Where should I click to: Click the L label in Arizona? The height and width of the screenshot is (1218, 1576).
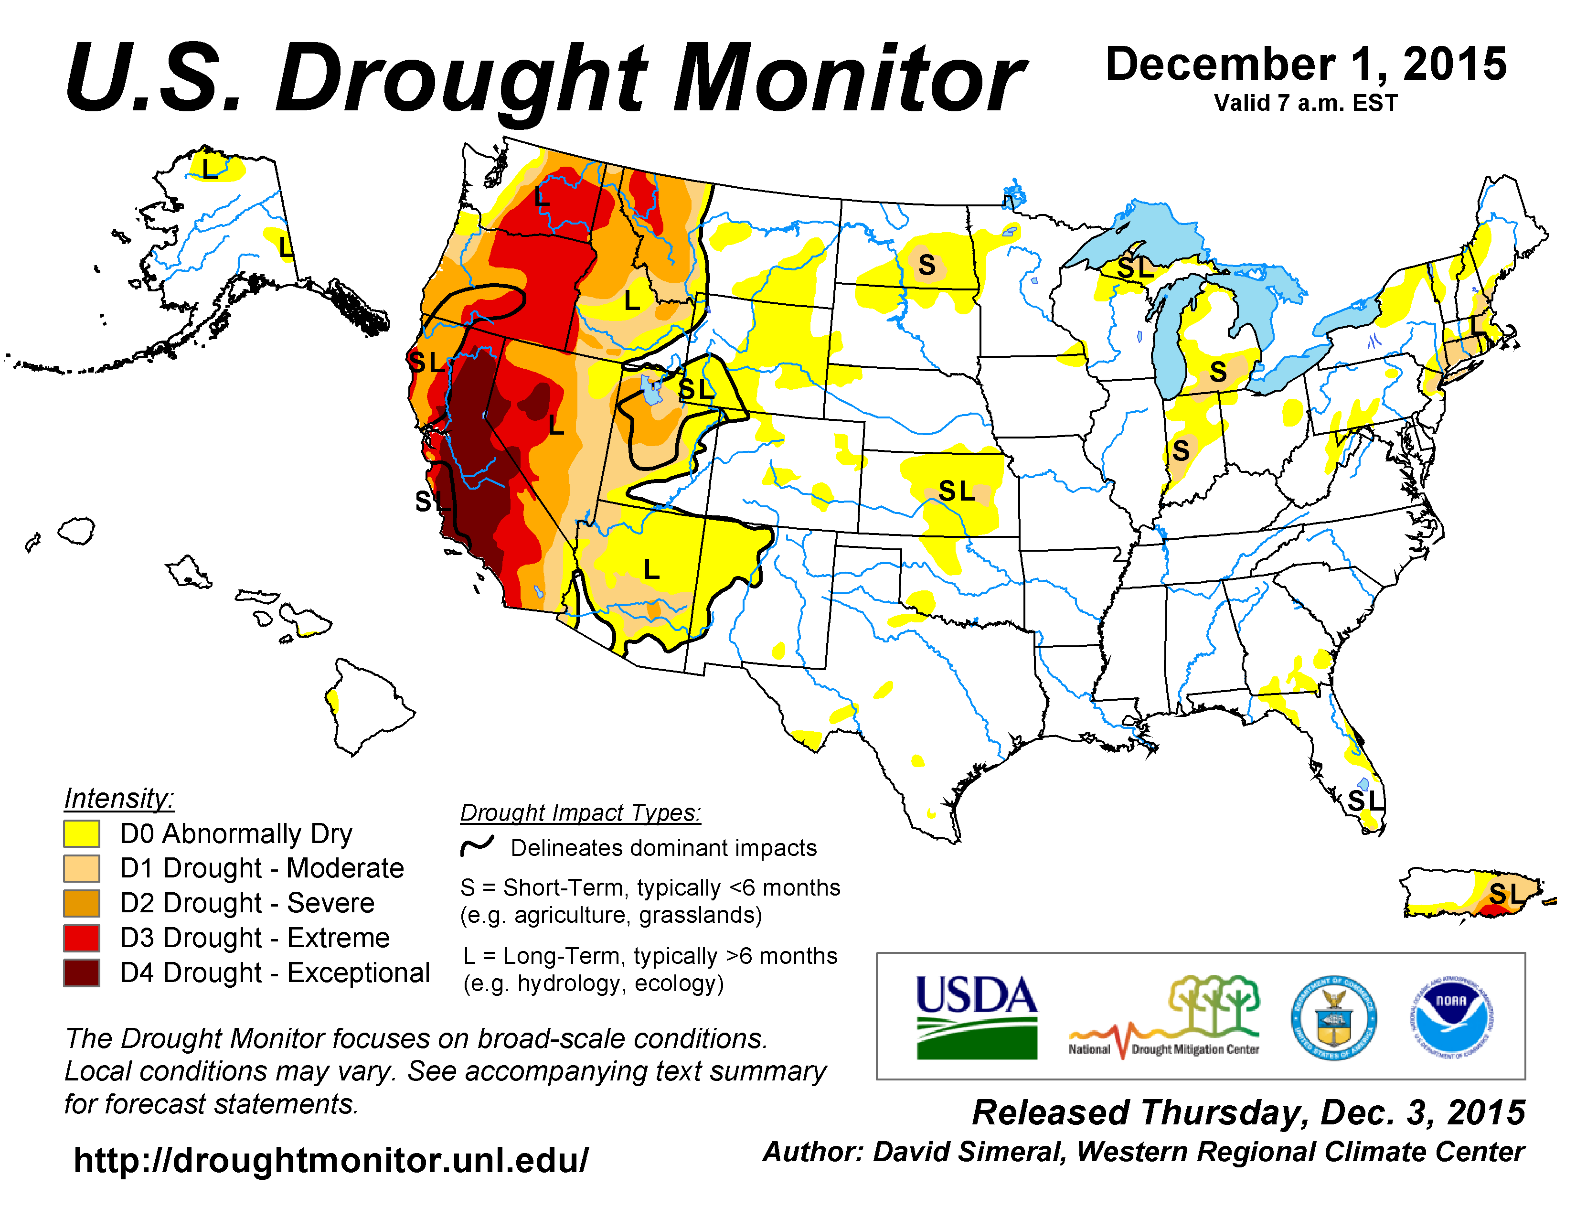point(651,569)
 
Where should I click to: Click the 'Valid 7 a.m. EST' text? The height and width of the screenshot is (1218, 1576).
point(1305,103)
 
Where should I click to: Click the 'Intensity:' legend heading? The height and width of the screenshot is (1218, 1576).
point(119,798)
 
